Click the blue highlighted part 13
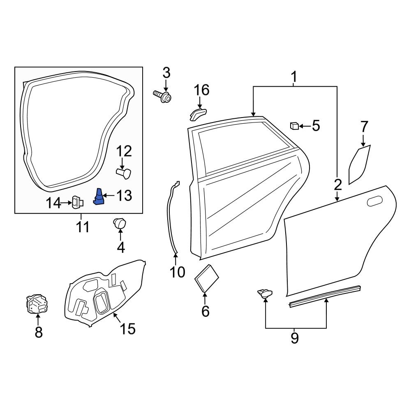[99, 196]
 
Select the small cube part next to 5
[294, 125]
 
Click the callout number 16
[201, 90]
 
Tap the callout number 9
[295, 338]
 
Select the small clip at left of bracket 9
[265, 293]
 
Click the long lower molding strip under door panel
[325, 297]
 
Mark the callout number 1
[294, 76]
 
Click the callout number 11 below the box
[82, 226]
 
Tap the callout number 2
[337, 185]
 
